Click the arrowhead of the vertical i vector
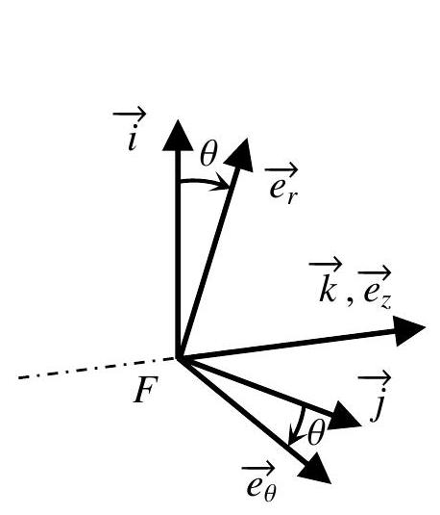click(178, 137)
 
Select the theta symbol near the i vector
click(208, 154)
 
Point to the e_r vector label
click(282, 186)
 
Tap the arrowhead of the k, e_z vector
click(410, 331)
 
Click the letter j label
click(377, 406)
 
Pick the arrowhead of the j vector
click(345, 417)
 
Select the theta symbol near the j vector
click(316, 433)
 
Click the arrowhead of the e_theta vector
click(315, 469)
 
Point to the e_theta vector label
click(259, 485)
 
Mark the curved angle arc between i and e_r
click(206, 181)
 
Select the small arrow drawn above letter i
click(130, 115)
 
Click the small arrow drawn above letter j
click(375, 377)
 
